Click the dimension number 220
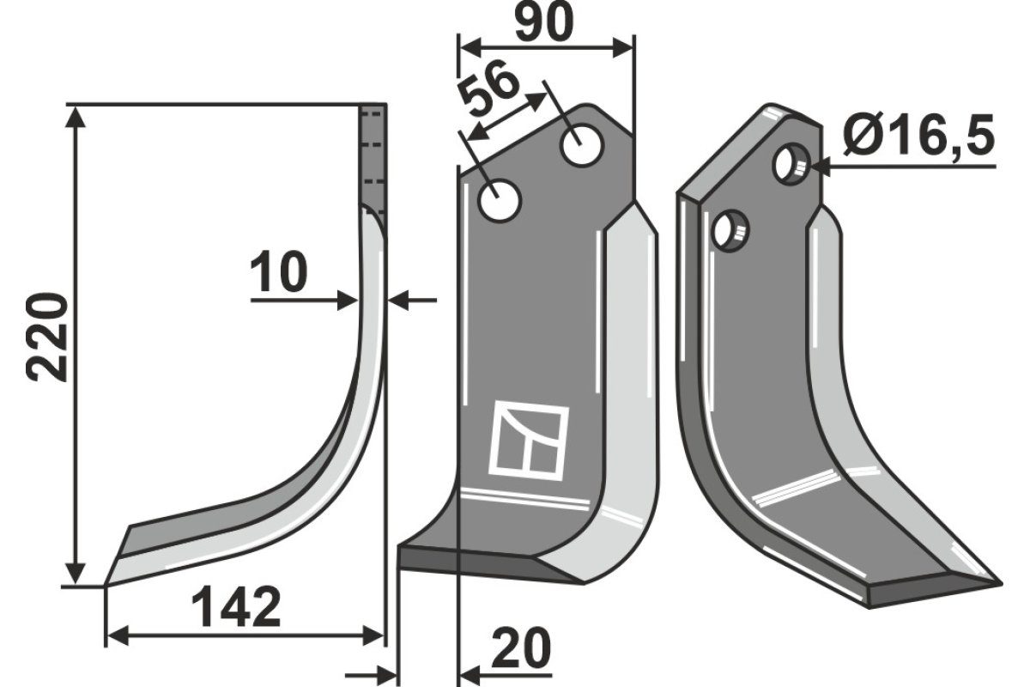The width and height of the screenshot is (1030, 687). click(47, 337)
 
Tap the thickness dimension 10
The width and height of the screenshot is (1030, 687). click(279, 273)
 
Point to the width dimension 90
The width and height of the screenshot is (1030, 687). click(545, 23)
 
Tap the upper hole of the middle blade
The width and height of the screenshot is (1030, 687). click(580, 145)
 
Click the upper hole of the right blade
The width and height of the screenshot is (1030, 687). click(790, 163)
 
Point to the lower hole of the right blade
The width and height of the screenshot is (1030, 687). click(731, 230)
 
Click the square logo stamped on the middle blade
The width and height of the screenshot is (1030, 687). click(528, 441)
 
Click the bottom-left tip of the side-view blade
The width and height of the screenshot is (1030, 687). click(108, 584)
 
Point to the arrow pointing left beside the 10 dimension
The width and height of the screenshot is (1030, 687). click(399, 300)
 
